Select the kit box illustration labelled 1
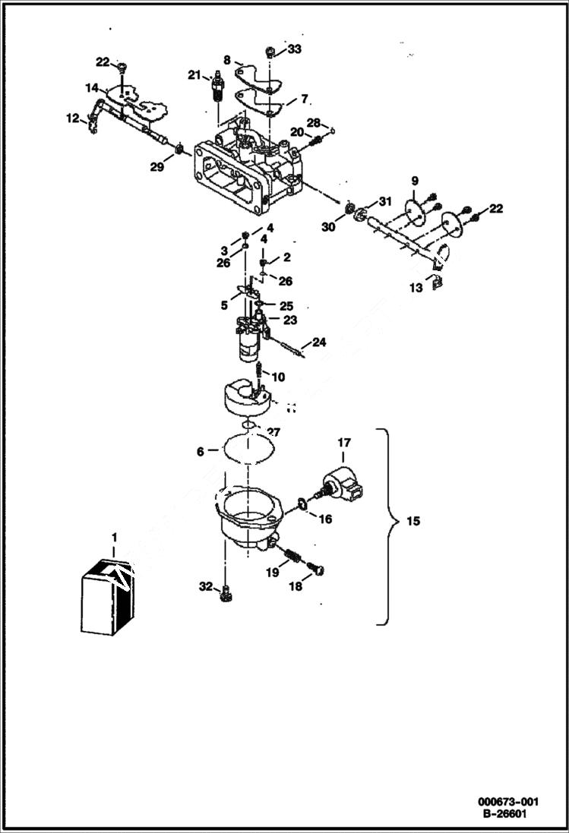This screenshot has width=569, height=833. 106,596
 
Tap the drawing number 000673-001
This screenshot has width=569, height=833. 508,802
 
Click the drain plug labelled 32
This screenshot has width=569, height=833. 224,598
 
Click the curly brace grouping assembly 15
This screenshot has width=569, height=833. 390,525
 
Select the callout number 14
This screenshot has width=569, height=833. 91,87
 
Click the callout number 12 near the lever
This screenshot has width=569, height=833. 72,118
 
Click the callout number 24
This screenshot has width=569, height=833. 319,342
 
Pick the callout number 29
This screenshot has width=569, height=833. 156,166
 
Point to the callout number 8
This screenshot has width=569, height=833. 226,59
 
